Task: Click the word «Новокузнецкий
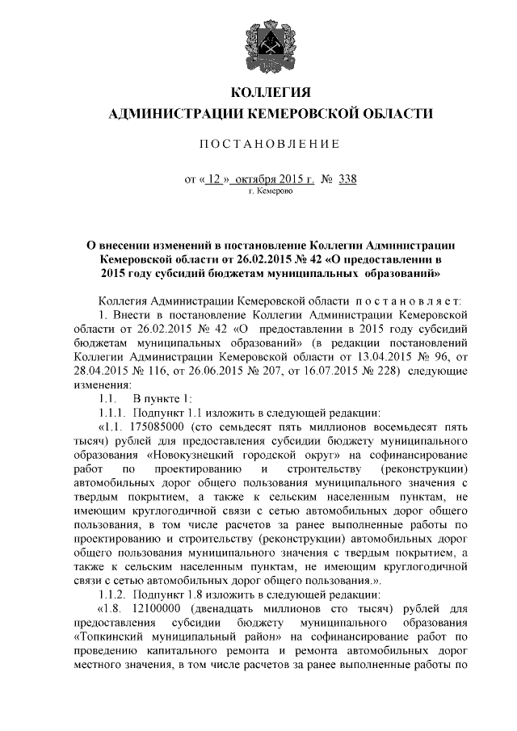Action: tap(174, 455)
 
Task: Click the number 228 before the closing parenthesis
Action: tap(403, 372)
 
